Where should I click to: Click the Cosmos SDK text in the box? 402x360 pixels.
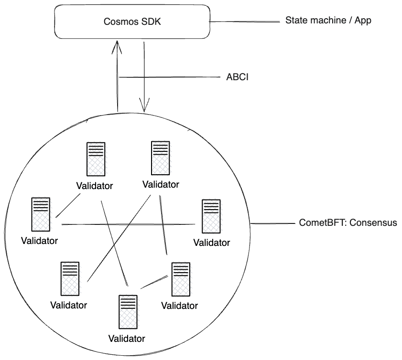131,22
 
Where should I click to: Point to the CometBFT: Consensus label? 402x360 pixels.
348,222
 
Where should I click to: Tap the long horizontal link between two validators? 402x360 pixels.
129,224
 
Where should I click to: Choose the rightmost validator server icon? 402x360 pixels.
211,216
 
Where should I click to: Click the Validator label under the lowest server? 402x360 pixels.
127,339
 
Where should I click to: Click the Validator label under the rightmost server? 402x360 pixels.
211,242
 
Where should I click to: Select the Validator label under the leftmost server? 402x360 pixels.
40,240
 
